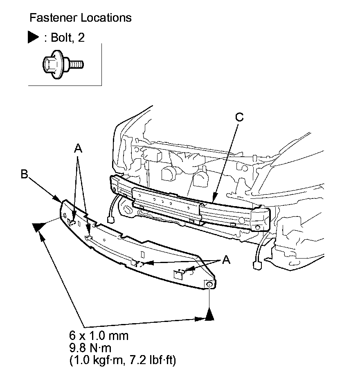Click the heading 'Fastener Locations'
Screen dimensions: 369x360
click(81, 18)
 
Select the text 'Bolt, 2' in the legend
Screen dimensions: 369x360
click(68, 38)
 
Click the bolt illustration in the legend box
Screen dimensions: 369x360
click(63, 64)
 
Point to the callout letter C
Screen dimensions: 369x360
click(240, 117)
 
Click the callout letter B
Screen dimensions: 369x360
click(25, 174)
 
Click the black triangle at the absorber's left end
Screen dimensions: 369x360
click(39, 226)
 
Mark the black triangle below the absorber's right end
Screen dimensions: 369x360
click(209, 315)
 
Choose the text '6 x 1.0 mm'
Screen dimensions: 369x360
click(99, 336)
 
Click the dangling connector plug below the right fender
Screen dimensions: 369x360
click(258, 265)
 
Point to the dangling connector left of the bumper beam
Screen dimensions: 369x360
click(110, 220)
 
